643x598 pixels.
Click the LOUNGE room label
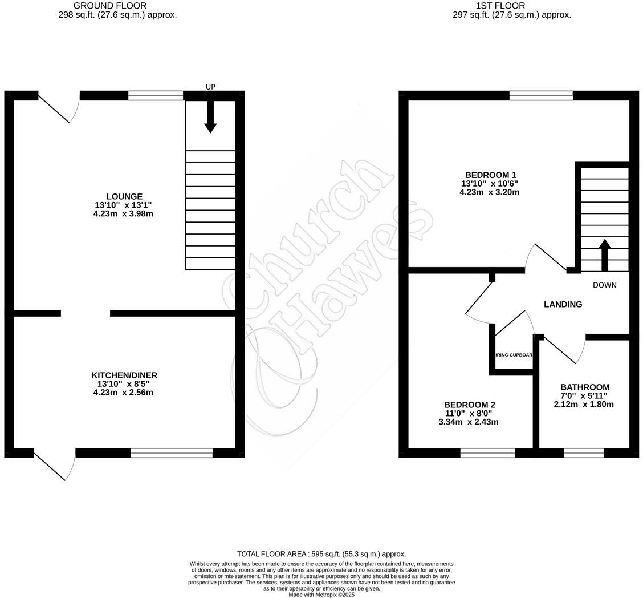tap(124, 196)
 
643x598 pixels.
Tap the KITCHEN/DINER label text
tap(124, 375)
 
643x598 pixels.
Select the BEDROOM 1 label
tap(490, 175)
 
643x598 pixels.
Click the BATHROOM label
tap(584, 387)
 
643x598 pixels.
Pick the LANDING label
tap(563, 304)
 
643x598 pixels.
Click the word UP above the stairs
tap(210, 87)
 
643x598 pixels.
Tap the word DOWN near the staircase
tap(604, 285)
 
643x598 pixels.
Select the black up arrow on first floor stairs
tap(604, 254)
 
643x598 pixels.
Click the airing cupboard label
tap(514, 355)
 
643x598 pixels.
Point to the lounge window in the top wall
tap(156, 95)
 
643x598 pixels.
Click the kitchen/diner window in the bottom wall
tap(172, 453)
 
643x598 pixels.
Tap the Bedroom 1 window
tap(541, 95)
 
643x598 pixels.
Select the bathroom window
tap(584, 453)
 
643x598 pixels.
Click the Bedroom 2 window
tap(487, 453)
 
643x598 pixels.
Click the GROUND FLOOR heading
tap(109, 6)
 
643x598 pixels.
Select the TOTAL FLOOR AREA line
tap(321, 554)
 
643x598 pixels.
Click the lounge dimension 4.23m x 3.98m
tap(124, 214)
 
